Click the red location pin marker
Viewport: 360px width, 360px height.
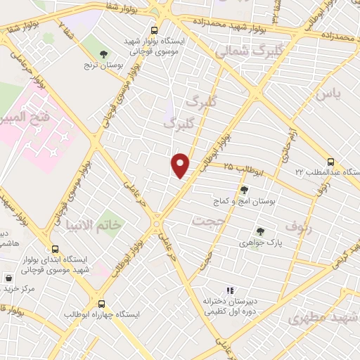point(181,166)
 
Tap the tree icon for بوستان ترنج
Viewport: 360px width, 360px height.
point(104,53)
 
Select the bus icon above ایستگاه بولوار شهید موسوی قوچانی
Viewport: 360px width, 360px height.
point(154,30)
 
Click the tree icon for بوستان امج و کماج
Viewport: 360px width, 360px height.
point(243,189)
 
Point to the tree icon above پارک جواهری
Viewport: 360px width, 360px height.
point(261,231)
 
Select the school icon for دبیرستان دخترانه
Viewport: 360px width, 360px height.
point(228,290)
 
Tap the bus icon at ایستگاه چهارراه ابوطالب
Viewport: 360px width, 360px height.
point(103,304)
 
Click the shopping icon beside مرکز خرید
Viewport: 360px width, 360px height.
point(8,277)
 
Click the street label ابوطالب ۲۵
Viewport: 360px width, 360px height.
point(245,168)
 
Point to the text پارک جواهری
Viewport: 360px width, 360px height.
point(261,243)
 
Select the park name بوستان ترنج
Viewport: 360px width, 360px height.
point(104,65)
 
